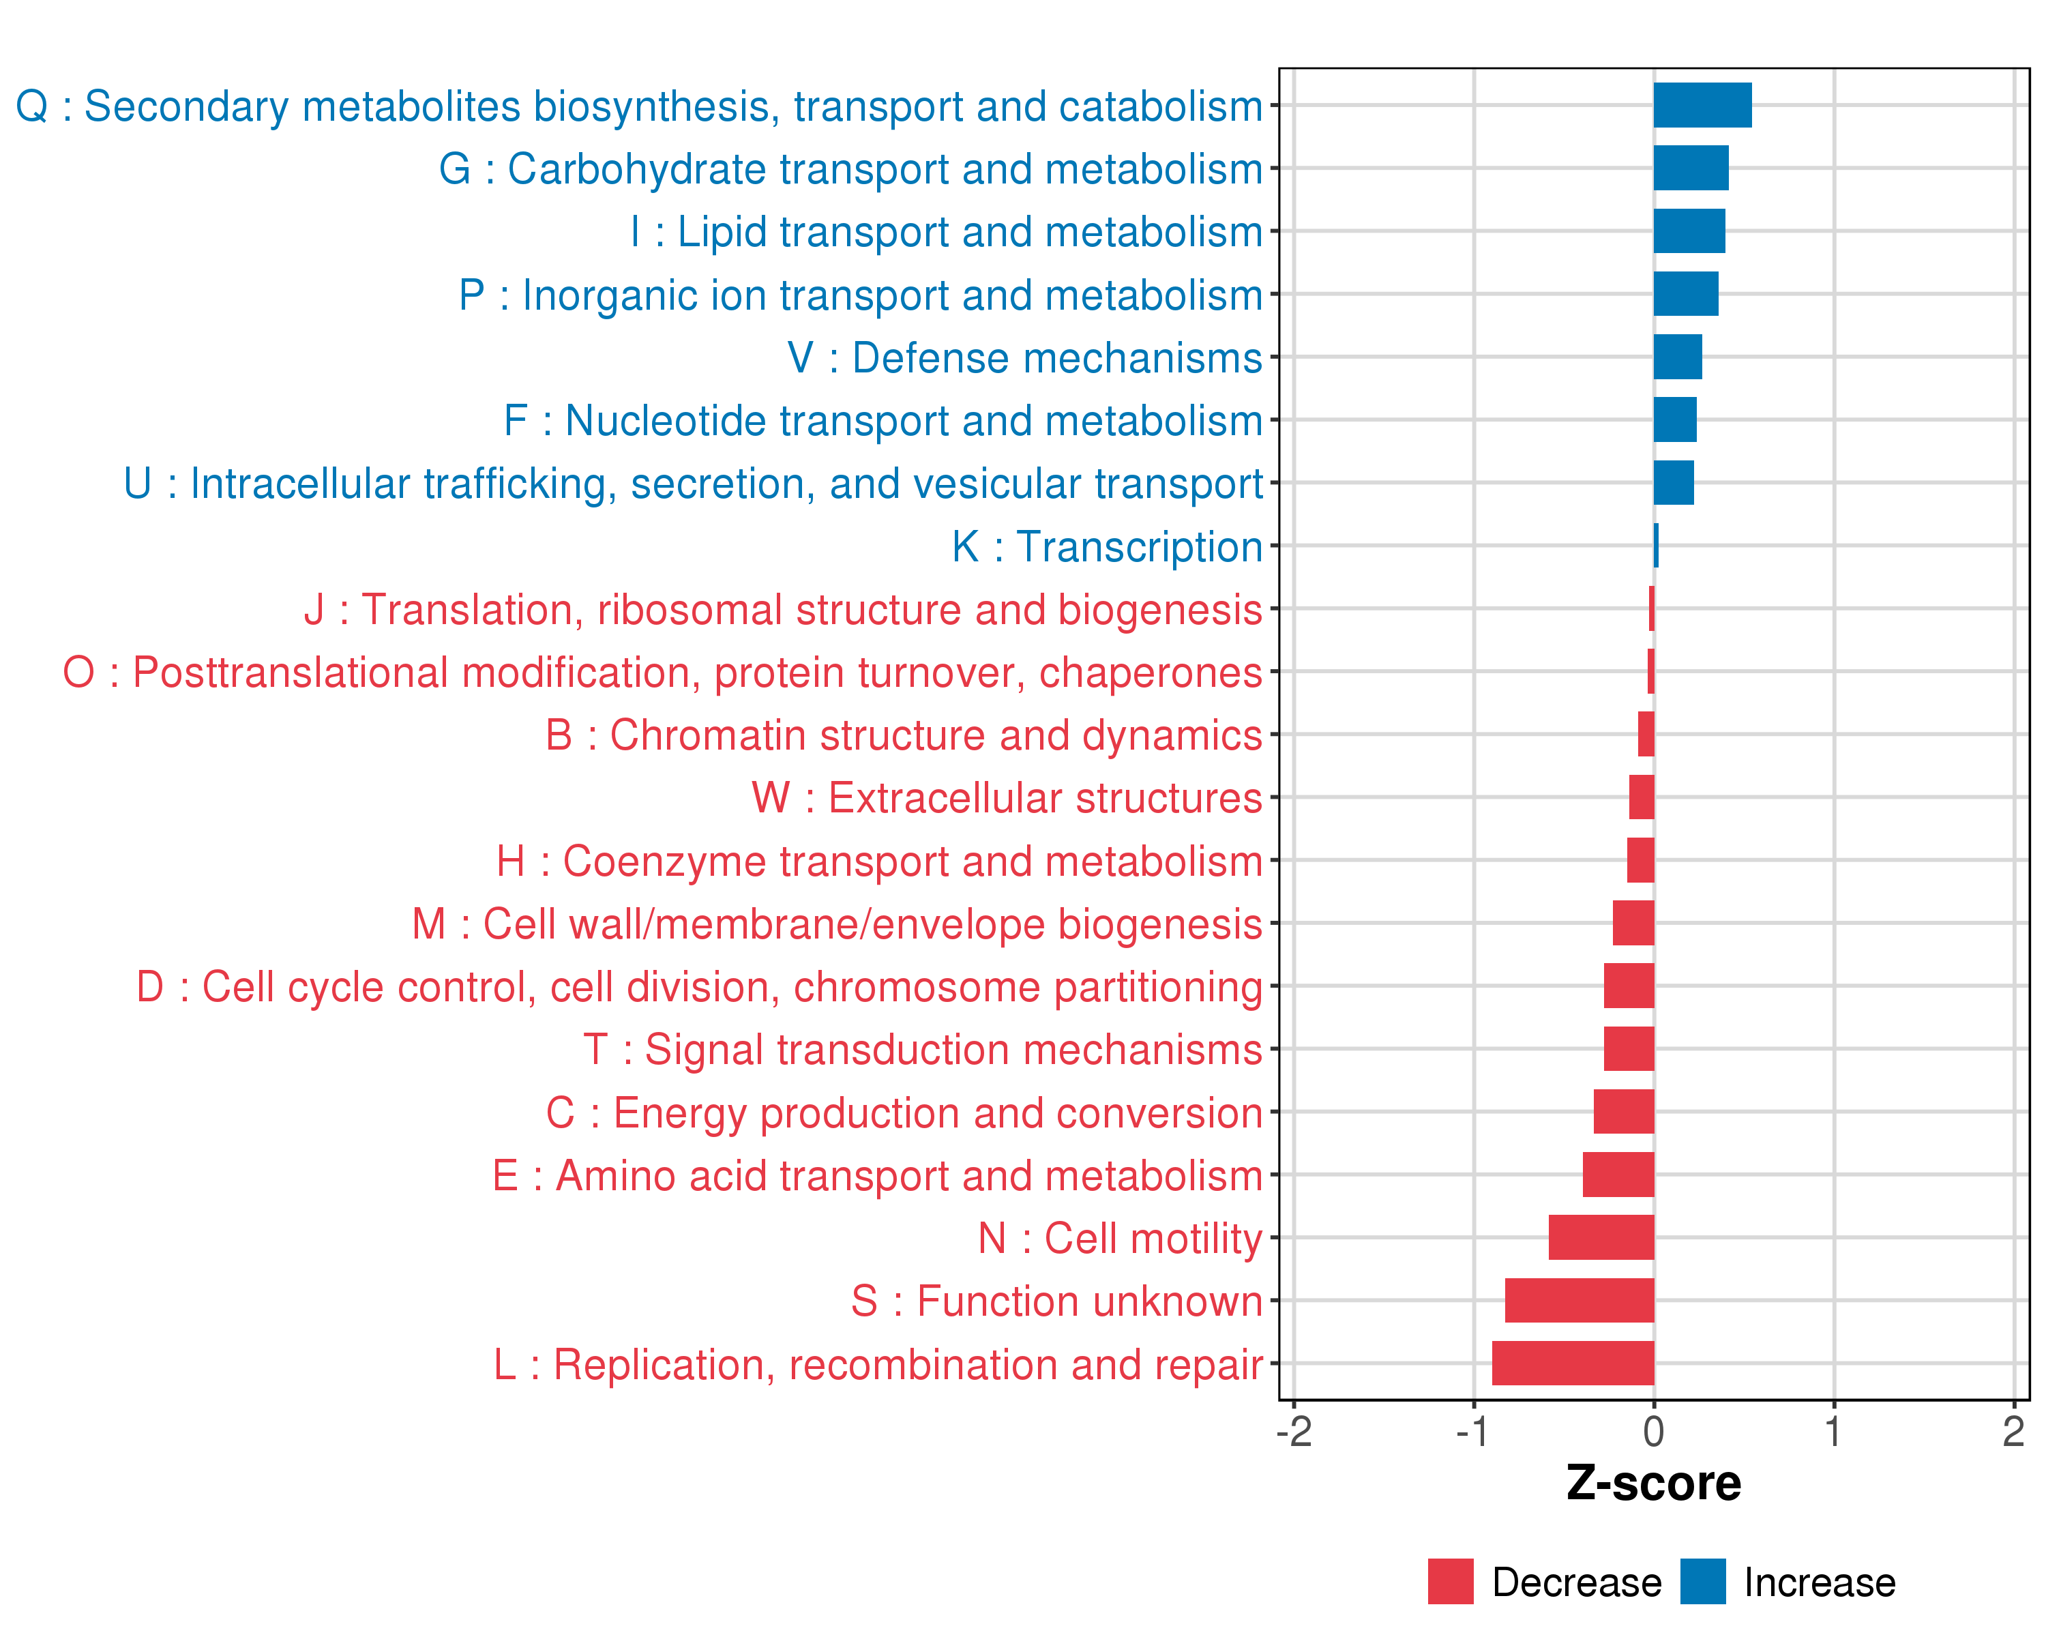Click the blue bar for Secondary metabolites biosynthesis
[x=1702, y=105]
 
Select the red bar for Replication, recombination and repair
[x=1573, y=1363]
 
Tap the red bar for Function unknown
[x=1579, y=1300]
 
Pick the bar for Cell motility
[x=1601, y=1237]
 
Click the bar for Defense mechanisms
[x=1677, y=357]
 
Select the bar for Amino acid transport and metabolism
[x=1618, y=1175]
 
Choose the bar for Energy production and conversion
[x=1624, y=1111]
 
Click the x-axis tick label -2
[x=1294, y=1431]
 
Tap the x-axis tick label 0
[x=1653, y=1431]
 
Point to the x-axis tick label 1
[x=1833, y=1431]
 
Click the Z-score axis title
[x=1653, y=1484]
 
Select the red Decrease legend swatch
[x=1450, y=1582]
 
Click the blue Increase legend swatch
[x=1702, y=1582]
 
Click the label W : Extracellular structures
[x=1007, y=798]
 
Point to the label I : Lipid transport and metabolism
[x=946, y=231]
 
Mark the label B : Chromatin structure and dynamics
[x=904, y=735]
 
